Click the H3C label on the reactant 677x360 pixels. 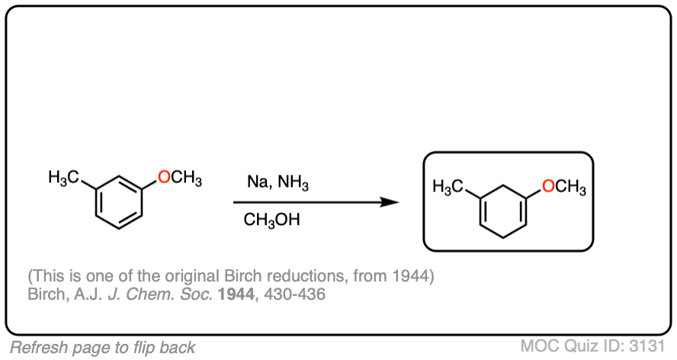coord(63,178)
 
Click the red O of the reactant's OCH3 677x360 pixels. coord(163,178)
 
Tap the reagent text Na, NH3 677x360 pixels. coord(278,183)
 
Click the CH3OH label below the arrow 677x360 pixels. coord(271,220)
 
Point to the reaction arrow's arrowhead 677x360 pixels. coord(390,202)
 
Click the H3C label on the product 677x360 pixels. coord(448,186)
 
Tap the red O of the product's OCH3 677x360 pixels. coord(547,185)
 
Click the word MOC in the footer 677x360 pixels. coord(539,346)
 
